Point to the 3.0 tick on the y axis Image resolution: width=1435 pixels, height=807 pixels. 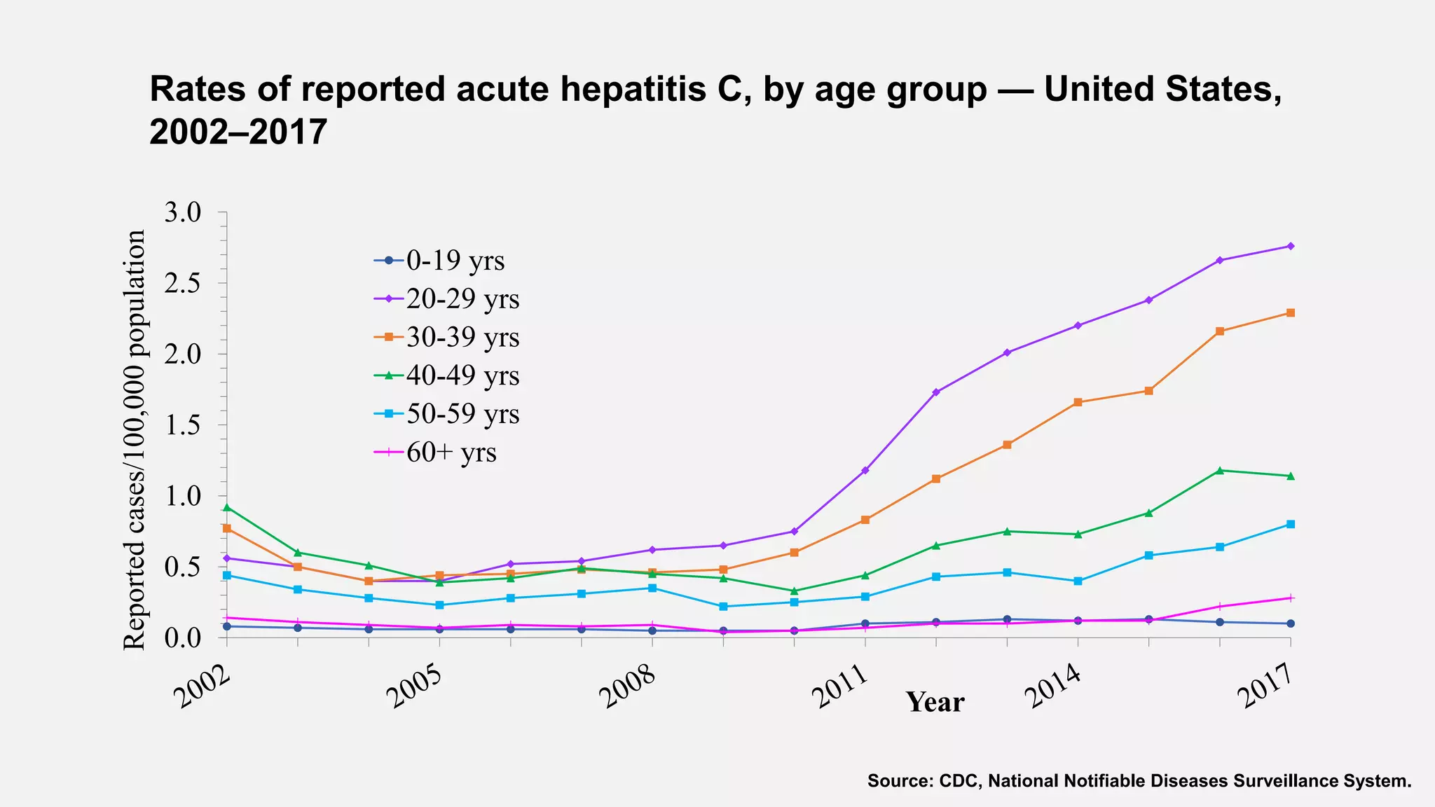coord(182,213)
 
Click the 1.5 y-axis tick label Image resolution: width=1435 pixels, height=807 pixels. coord(182,426)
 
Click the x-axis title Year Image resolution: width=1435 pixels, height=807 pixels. coord(935,702)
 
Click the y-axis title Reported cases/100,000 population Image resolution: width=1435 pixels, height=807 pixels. coord(135,440)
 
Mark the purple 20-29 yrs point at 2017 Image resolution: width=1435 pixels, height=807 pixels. coord(1291,246)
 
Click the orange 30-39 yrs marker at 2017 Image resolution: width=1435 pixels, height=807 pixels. coord(1291,313)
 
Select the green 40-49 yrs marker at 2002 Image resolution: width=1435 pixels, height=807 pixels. coord(226,507)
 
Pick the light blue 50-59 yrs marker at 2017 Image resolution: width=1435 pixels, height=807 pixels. coord(1291,524)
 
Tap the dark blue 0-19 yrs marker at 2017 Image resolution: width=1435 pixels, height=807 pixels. coord(1291,623)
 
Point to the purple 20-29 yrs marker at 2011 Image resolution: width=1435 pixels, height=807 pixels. coord(865,470)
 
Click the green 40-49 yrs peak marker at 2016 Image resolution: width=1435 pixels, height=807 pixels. coord(1220,470)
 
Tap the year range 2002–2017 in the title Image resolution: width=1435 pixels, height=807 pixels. coord(238,132)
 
